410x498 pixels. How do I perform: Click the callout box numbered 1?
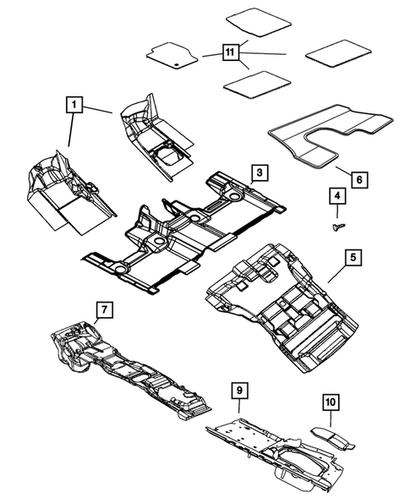point(75,105)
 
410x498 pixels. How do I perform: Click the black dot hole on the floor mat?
point(174,62)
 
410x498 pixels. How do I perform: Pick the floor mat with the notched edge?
point(173,56)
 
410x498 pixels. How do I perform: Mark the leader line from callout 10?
point(330,416)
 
